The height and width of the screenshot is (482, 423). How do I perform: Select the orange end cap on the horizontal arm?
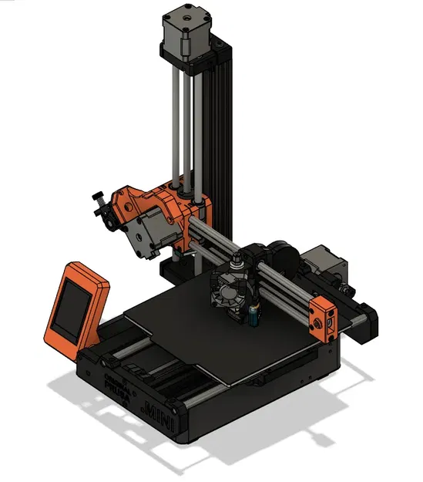(324, 317)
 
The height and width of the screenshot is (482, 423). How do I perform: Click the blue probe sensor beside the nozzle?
(253, 312)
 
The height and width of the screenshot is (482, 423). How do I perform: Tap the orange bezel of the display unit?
(92, 278)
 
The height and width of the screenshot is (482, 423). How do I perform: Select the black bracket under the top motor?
(193, 58)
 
